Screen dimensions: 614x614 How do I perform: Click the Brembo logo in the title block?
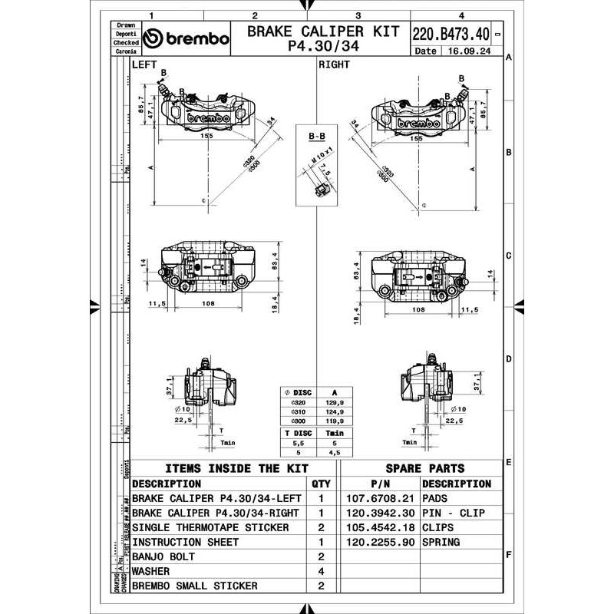click(x=187, y=39)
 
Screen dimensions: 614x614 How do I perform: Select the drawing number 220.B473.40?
click(x=451, y=35)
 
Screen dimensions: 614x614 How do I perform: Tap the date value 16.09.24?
click(x=464, y=52)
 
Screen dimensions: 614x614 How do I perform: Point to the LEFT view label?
click(x=144, y=65)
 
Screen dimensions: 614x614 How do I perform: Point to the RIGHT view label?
click(x=334, y=65)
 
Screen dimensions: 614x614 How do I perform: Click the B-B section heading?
click(x=316, y=136)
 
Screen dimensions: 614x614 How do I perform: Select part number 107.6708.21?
click(x=381, y=498)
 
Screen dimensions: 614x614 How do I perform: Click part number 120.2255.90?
click(x=381, y=542)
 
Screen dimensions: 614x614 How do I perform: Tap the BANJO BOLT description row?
click(x=164, y=556)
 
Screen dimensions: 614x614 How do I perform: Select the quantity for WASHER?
click(x=322, y=571)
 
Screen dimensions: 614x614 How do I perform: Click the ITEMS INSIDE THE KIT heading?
click(x=236, y=468)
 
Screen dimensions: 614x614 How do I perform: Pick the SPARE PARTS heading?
click(x=425, y=468)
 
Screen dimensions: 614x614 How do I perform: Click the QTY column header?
click(x=322, y=484)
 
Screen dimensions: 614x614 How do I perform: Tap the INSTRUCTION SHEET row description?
click(x=185, y=542)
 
